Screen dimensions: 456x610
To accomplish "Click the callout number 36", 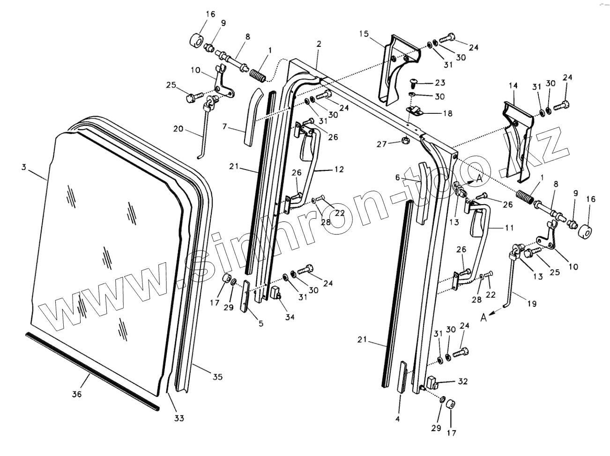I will click(x=77, y=394).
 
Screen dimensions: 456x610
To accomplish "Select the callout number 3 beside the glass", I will click(x=24, y=167).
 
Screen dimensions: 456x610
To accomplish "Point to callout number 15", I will click(x=365, y=34).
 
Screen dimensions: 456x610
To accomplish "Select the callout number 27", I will click(x=382, y=144).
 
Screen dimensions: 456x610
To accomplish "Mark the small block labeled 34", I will click(x=275, y=293).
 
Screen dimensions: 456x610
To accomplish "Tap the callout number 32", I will click(x=463, y=382).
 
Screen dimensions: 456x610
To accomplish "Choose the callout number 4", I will click(x=397, y=419).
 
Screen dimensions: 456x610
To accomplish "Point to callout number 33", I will click(x=179, y=418).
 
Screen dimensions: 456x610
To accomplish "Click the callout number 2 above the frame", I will click(x=319, y=44).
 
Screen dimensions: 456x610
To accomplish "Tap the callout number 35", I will click(x=217, y=377).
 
